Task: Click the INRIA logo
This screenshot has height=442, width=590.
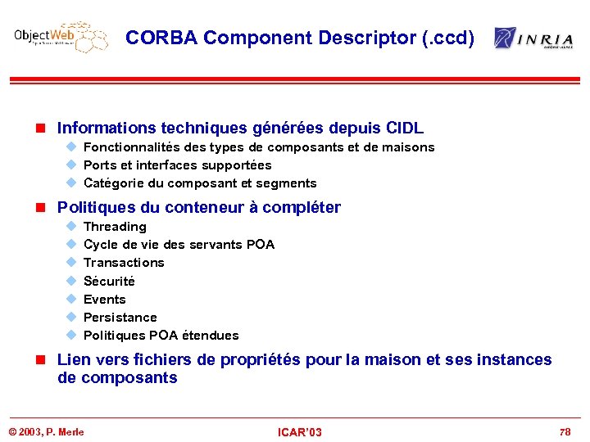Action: (533, 38)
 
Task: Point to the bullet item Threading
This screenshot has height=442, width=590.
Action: (115, 227)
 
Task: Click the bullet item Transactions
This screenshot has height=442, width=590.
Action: (124, 263)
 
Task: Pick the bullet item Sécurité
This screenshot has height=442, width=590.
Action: (109, 281)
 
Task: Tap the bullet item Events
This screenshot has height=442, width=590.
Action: (105, 299)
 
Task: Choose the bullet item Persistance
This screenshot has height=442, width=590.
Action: (120, 317)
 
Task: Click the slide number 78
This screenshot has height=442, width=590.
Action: (565, 431)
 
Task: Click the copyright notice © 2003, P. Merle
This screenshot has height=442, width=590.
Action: (46, 431)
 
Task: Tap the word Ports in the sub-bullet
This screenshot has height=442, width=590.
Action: (100, 165)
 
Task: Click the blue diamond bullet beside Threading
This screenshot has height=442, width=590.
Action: (71, 227)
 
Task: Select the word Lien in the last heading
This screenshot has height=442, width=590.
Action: (73, 360)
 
